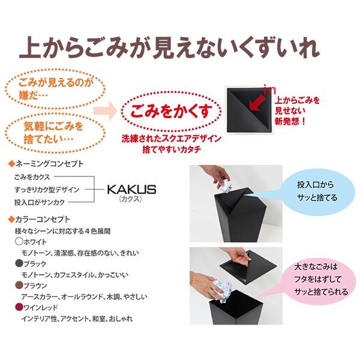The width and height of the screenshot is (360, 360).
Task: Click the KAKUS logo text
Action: click(x=131, y=190)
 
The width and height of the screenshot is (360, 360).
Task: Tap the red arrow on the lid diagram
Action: click(x=258, y=102)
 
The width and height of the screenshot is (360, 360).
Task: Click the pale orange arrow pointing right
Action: click(x=105, y=111)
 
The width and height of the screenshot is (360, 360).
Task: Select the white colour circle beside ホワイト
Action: click(x=19, y=241)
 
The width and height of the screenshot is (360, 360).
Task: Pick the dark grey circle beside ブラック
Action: click(x=19, y=263)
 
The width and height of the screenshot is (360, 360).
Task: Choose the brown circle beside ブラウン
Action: click(x=19, y=285)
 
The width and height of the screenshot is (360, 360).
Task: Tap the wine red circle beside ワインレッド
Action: click(x=19, y=307)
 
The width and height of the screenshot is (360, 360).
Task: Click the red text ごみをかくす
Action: click(x=171, y=111)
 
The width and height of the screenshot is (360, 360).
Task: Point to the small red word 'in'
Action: click(x=270, y=90)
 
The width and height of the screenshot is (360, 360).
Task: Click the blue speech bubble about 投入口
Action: click(x=316, y=192)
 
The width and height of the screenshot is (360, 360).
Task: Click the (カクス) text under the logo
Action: click(x=130, y=199)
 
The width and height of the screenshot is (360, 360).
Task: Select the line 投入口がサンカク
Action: click(x=40, y=203)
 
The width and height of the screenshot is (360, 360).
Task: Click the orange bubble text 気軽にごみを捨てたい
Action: click(x=53, y=133)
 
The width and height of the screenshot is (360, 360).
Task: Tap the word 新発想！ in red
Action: click(x=290, y=121)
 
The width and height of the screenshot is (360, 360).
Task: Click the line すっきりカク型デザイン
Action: click(x=47, y=190)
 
